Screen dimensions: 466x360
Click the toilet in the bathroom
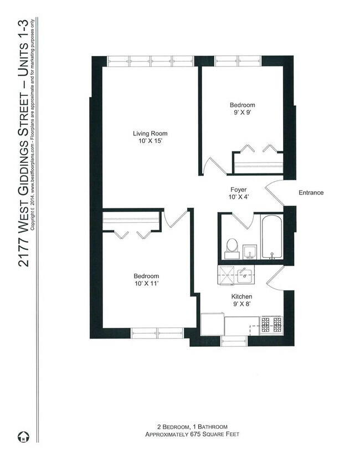tap(231, 247)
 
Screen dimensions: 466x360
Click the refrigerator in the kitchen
tap(212, 324)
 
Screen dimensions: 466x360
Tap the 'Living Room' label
tap(150, 134)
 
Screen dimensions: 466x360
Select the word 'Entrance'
tap(311, 193)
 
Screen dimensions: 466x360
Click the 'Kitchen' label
tap(242, 296)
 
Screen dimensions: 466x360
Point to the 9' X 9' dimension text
tap(243, 114)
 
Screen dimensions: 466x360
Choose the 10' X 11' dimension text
tap(146, 285)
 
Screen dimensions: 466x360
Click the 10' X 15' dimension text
tap(150, 142)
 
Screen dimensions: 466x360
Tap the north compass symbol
tap(23, 437)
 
